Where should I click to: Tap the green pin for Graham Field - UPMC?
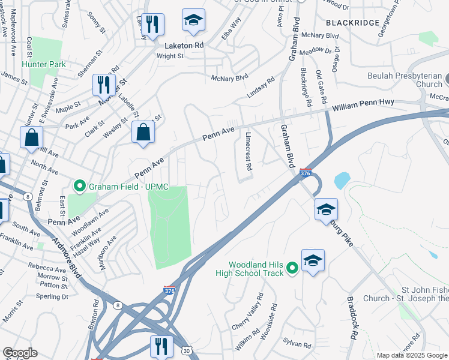(79, 187)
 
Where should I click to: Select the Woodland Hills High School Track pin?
(292, 268)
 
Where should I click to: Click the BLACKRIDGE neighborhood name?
(352, 22)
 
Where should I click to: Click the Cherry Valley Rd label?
(248, 311)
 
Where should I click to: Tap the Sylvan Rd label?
(298, 346)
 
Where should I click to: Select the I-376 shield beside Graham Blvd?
(306, 173)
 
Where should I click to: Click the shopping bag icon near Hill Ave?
(31, 137)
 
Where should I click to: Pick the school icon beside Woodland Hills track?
(313, 260)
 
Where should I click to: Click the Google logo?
(20, 353)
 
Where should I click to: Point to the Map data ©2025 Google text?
(412, 355)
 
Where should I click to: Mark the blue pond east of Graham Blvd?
(342, 179)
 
